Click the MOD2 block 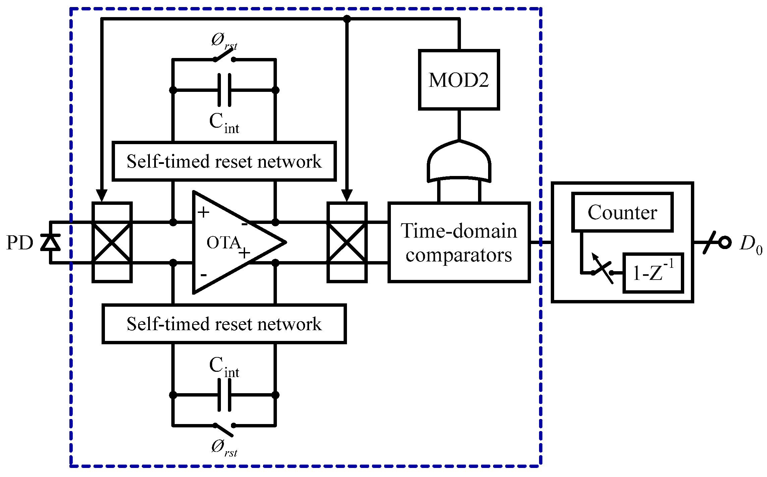point(459,80)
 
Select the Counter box point(623,212)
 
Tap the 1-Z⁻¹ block point(653,273)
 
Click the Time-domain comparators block point(459,242)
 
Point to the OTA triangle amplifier point(235,242)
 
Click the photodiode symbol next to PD point(50,242)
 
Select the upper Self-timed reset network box point(224,161)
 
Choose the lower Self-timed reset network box point(224,324)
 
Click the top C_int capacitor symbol point(224,90)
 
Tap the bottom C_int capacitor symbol point(224,395)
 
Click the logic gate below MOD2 point(459,161)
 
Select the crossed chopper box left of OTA point(112,242)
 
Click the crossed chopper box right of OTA point(347,242)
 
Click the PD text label point(20,242)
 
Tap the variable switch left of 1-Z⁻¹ point(602,270)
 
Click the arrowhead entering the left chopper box point(102,196)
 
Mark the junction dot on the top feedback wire point(347,19)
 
